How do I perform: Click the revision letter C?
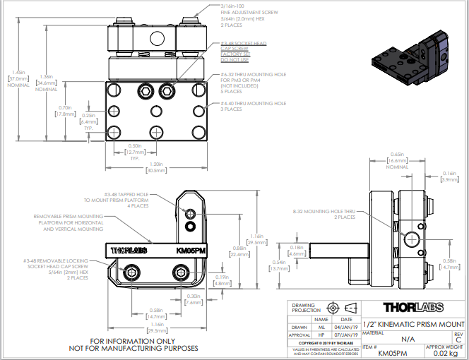458,339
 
